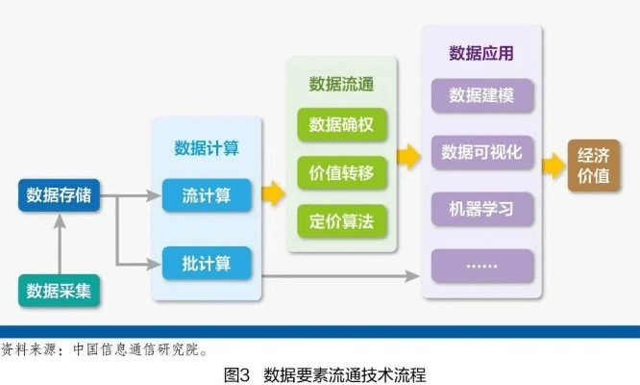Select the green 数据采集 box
tap(59, 290)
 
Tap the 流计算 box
tap(206, 195)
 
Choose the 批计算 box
tap(206, 261)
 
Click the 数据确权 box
tap(341, 126)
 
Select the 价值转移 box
tap(341, 174)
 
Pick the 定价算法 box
tap(341, 221)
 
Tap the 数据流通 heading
tap(341, 85)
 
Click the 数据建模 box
tap(481, 95)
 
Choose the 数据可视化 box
tap(481, 152)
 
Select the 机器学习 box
tap(481, 208)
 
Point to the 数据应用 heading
tap(481, 52)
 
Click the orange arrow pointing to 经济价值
tap(554, 165)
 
